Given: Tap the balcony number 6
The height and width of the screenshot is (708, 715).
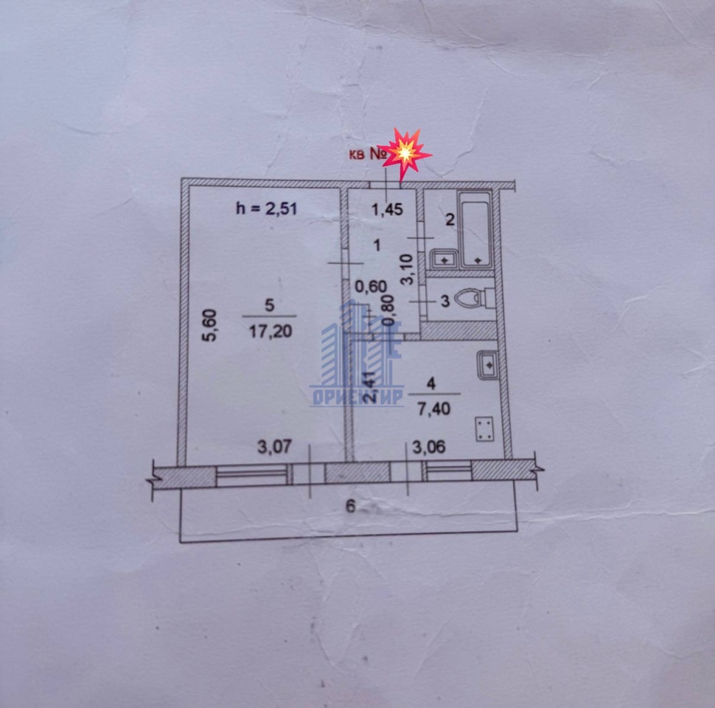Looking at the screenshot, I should click(350, 506).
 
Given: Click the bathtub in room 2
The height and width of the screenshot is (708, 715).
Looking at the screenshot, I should click(474, 229).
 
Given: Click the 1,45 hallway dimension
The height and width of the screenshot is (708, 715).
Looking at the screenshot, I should click(386, 209).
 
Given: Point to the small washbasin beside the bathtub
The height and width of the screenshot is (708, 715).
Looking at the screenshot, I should click(442, 259).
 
